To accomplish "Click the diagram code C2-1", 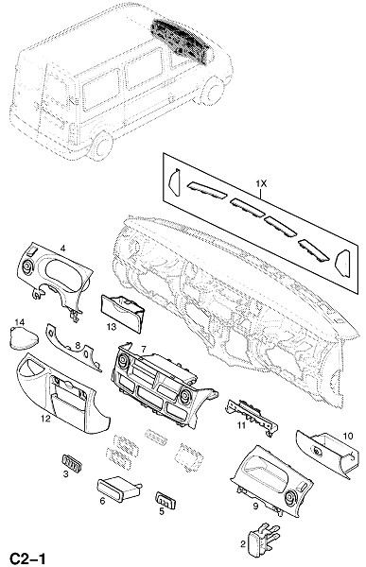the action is tap(27, 558).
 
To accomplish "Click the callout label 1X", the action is tap(261, 183).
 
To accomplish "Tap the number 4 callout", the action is tap(63, 248).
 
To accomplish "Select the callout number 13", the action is tap(112, 327).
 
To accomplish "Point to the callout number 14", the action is tap(20, 321).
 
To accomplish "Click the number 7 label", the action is tap(144, 350).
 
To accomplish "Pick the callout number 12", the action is tap(45, 419).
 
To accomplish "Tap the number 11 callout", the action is tap(241, 425).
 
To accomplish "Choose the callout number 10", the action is tap(347, 436).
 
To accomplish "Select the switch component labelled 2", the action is tap(263, 539).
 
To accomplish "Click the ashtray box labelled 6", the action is tap(118, 490).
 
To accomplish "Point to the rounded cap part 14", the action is tap(24, 338).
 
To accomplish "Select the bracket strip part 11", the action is tap(252, 417).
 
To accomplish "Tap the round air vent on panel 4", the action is tap(26, 267).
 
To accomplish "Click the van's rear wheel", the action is tap(100, 146).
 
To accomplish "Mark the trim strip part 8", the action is tap(74, 347).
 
